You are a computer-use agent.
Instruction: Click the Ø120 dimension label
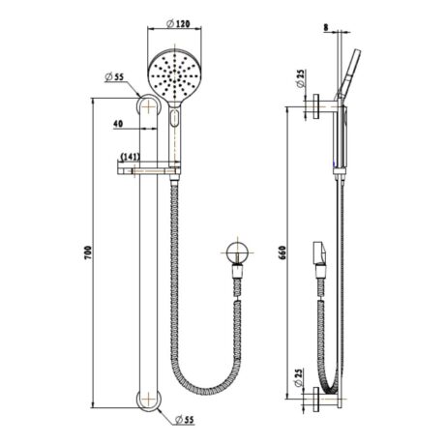coord(178,23)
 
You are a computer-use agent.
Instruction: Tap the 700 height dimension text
coord(88,253)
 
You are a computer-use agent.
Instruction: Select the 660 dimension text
coord(282,253)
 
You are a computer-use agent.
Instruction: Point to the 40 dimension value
coord(118,123)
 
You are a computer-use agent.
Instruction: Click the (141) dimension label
coord(131,157)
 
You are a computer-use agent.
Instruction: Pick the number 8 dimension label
coord(326,28)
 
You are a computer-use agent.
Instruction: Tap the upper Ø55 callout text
coord(114,77)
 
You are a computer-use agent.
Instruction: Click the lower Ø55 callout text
coord(185,420)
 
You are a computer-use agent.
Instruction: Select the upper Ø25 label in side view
coord(301,78)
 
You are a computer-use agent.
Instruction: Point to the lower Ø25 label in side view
coord(299,377)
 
